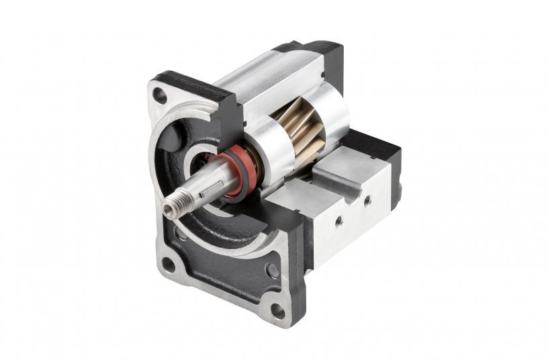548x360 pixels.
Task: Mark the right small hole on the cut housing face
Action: (x=367, y=199)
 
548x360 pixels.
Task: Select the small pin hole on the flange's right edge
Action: (x=272, y=271)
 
